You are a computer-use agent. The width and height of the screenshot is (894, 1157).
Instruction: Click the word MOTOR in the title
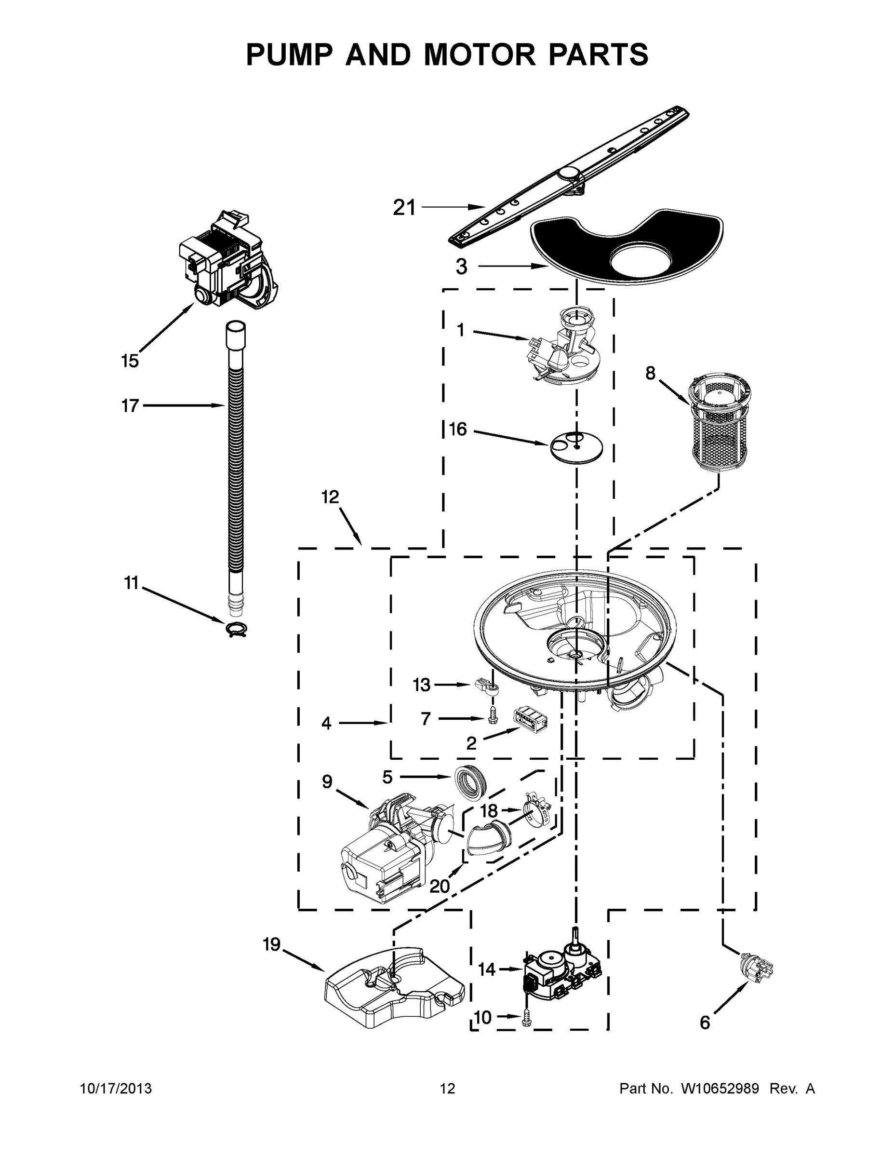tap(480, 54)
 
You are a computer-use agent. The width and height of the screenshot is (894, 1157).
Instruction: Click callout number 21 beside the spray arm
tap(404, 208)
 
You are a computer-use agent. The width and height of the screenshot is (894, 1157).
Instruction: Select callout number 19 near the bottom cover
tap(272, 944)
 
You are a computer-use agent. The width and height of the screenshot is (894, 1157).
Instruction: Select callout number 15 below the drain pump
tap(130, 361)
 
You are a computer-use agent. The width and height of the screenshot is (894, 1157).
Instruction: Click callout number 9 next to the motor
tap(327, 781)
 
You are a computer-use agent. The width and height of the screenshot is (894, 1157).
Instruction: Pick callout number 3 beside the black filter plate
tap(462, 267)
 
